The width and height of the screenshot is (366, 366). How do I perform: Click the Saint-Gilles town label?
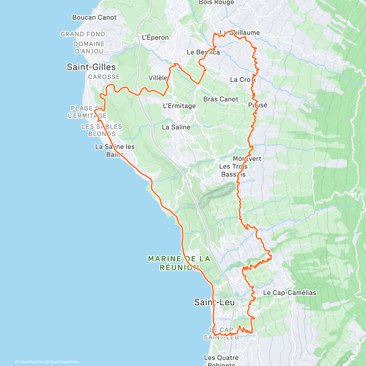tap(91, 67)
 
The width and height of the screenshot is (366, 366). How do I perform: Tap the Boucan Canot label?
tap(94, 17)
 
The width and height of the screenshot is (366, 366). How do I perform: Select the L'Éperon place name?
tap(155, 38)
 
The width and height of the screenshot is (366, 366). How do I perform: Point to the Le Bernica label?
tap(203, 52)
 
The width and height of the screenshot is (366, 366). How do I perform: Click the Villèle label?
tap(158, 78)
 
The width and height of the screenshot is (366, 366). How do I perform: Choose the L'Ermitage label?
tap(179, 106)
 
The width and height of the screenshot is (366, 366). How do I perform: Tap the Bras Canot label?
tap(221, 99)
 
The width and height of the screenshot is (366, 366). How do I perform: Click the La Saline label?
tap(176, 127)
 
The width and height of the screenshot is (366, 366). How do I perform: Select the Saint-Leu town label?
tap(214, 302)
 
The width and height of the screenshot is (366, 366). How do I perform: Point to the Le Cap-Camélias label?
tap(289, 293)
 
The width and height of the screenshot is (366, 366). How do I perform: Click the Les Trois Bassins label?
tap(233, 170)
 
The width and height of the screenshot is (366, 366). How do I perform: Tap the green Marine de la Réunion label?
tap(179, 263)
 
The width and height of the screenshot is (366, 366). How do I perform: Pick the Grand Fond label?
tap(83, 34)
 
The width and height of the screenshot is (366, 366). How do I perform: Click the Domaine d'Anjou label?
tap(89, 48)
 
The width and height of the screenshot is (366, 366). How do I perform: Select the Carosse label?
tap(104, 77)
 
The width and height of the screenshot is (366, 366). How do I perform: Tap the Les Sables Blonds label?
tap(102, 130)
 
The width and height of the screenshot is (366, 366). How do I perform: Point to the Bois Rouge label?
tap(216, 2)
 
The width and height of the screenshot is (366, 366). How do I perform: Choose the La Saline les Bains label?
tap(115, 151)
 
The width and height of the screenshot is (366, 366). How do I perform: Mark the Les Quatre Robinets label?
tap(221, 360)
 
